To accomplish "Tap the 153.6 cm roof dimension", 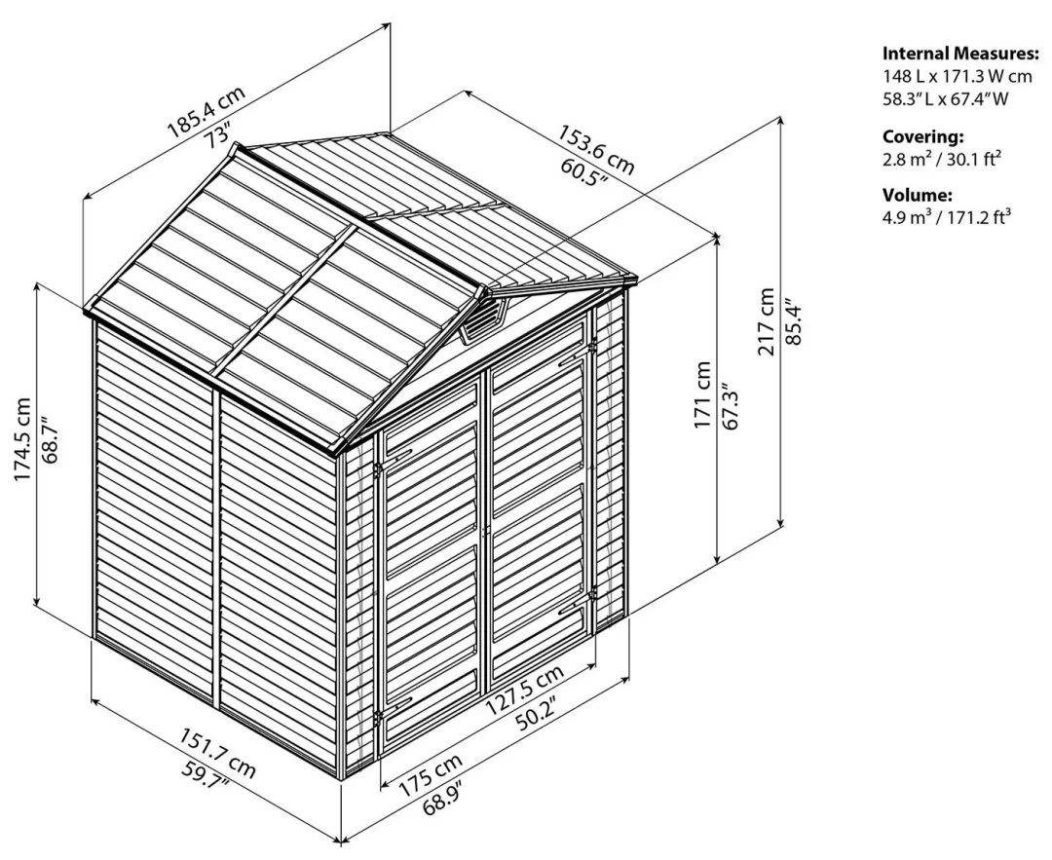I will (595, 147).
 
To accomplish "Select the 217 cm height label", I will (768, 321).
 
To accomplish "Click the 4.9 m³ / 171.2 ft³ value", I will (946, 217).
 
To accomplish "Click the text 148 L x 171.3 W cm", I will (956, 76).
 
